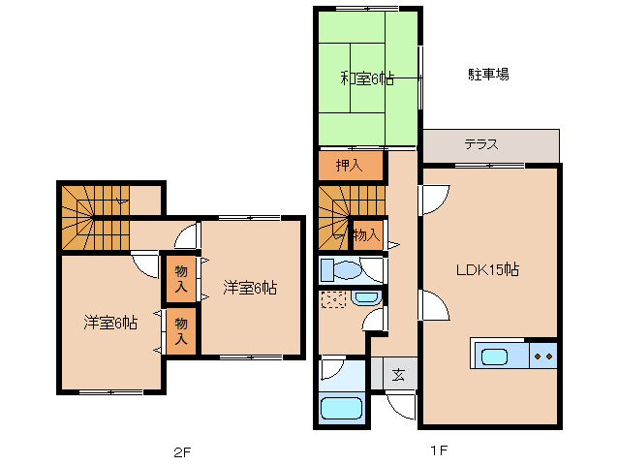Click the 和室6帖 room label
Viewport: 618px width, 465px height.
(x=366, y=79)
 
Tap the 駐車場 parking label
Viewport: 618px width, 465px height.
(x=489, y=74)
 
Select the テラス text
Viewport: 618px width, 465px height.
(x=481, y=145)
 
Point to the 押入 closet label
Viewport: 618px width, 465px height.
(x=349, y=166)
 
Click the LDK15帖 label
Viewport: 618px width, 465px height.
(x=488, y=269)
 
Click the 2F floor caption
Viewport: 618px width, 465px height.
(x=183, y=450)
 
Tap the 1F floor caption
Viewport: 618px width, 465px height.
(x=438, y=450)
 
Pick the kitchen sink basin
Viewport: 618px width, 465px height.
(x=495, y=356)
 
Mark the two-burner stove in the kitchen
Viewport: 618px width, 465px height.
(x=543, y=356)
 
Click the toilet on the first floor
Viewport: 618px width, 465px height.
(x=339, y=268)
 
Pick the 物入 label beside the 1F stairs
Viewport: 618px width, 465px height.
(x=365, y=235)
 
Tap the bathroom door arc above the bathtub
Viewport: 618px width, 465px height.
(x=331, y=369)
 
